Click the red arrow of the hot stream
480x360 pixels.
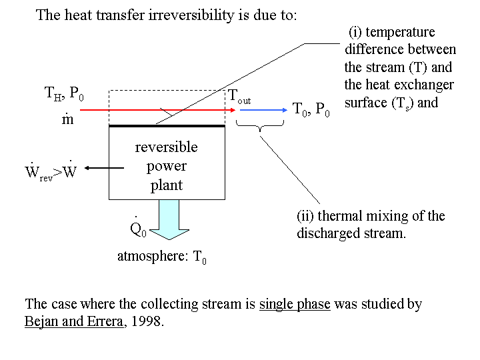coord(157,110)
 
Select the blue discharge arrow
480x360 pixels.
coord(263,110)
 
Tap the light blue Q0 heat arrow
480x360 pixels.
coord(169,220)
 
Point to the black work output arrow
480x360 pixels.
coord(104,168)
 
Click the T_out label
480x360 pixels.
coord(239,97)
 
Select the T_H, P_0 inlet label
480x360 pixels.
coord(64,93)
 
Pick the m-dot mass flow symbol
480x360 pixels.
coord(67,119)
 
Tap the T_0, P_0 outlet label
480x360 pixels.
coord(311,109)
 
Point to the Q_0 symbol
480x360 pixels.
coord(139,227)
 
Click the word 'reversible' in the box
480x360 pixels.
coord(167,147)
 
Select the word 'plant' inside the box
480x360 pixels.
coord(167,185)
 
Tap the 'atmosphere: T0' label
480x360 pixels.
coord(162,257)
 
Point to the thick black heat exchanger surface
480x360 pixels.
coord(167,126)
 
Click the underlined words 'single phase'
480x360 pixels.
coord(295,304)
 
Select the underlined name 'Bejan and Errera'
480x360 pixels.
coord(74,321)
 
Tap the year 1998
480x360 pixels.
coord(146,321)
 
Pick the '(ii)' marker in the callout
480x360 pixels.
coord(305,216)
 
